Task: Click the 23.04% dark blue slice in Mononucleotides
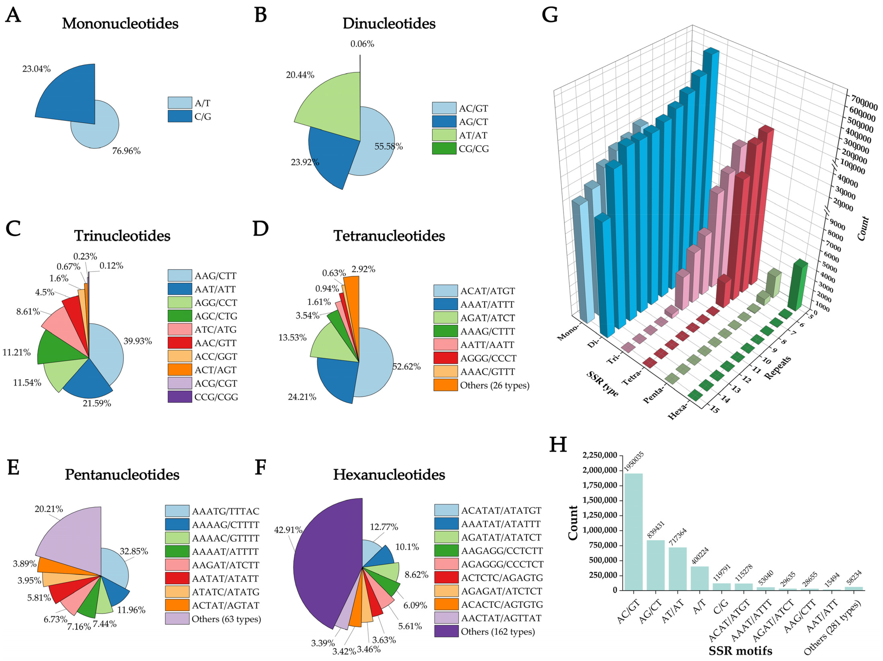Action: coord(68,96)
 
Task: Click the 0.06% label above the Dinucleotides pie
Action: coord(362,44)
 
